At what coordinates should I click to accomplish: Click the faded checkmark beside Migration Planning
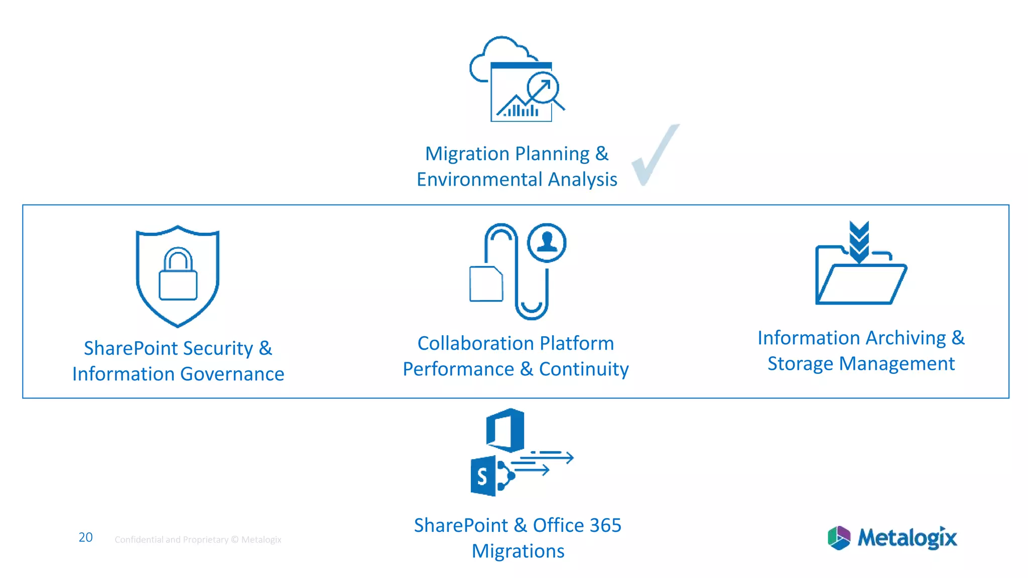click(654, 156)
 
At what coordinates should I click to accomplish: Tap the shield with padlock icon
click(178, 275)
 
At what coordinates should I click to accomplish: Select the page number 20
click(85, 537)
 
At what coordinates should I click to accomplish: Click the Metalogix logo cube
click(839, 538)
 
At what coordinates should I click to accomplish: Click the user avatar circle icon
click(547, 242)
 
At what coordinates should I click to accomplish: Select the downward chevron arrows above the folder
click(859, 241)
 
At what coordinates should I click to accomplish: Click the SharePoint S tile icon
click(483, 476)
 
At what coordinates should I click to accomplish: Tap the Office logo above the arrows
click(505, 430)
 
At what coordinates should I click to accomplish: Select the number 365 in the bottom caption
click(605, 525)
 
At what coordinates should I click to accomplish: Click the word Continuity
click(584, 369)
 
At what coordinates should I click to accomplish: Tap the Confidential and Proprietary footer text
click(198, 540)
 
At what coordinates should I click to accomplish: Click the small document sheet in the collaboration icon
click(486, 284)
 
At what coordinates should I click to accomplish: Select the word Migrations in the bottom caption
click(518, 551)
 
